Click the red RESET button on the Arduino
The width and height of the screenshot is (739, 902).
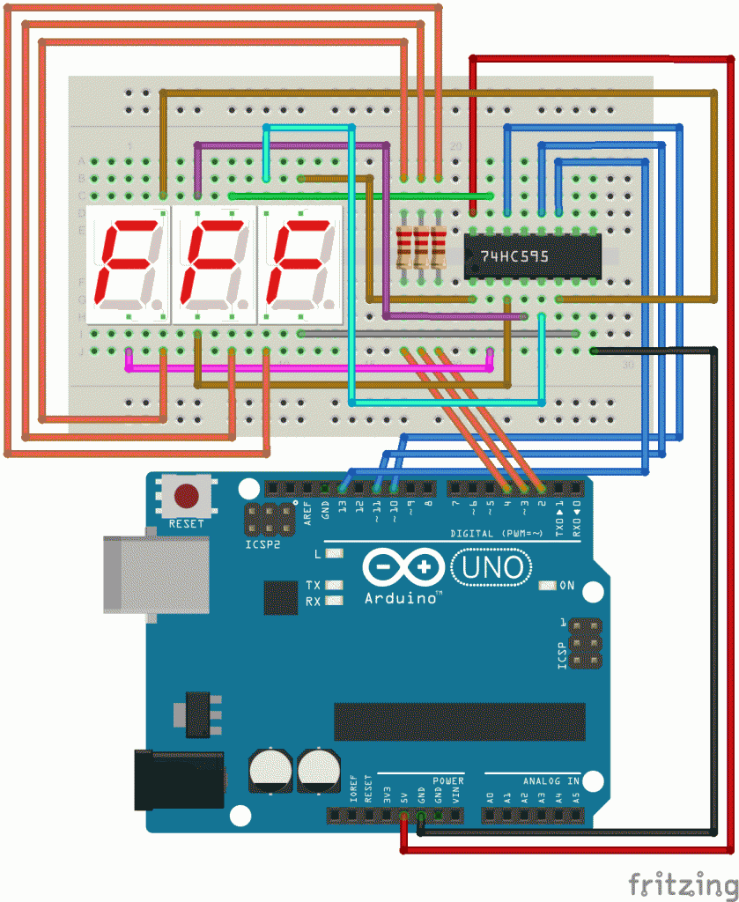pos(186,496)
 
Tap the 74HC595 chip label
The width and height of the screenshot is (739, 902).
pos(514,256)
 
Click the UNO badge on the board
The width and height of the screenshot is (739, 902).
pos(491,567)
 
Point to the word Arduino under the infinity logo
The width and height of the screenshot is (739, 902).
pos(402,599)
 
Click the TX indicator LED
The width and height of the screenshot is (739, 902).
pos(334,585)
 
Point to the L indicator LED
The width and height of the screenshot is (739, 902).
pos(334,554)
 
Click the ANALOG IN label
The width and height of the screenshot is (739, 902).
pos(551,780)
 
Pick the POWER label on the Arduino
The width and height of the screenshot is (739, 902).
pos(448,780)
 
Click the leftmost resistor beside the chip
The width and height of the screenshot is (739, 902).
pos(405,248)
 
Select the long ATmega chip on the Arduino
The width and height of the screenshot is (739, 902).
pos(459,721)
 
